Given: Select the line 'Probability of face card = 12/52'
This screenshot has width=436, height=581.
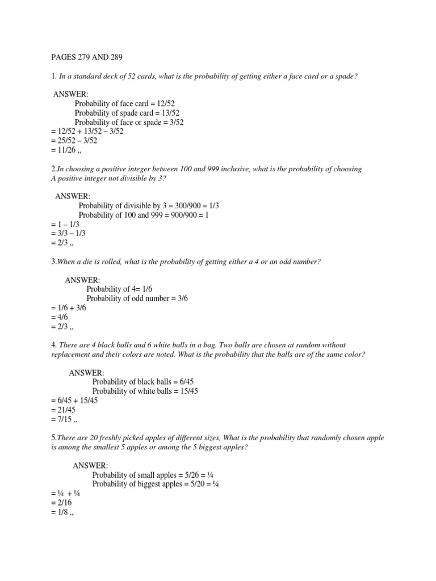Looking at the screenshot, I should [x=125, y=103].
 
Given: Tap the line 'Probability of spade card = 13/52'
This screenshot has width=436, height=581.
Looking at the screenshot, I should [x=128, y=113].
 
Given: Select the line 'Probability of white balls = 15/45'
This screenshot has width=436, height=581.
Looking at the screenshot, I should [x=145, y=391].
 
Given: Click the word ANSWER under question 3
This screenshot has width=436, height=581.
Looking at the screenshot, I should [x=83, y=280].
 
